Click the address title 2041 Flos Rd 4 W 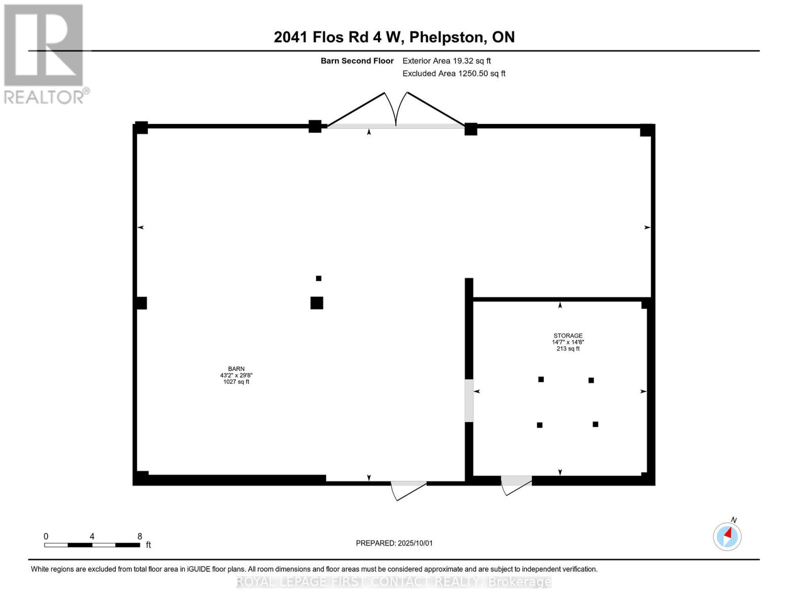pos(394,37)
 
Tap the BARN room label pos(236,369)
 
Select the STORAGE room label pos(568,335)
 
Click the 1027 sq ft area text pos(236,382)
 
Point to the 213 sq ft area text pos(568,349)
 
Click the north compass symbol pos(727,536)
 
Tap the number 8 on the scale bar pos(140,536)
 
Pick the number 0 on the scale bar pos(46,536)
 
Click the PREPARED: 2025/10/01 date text pos(394,543)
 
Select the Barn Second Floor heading pos(357,61)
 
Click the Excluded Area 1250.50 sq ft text pos(454,74)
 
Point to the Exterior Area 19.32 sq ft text pos(447,61)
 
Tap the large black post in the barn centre pos(317,303)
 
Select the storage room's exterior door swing pos(516,485)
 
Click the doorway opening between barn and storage pos(469,400)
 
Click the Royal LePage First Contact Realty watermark pos(394,582)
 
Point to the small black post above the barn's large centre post pos(319,278)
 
